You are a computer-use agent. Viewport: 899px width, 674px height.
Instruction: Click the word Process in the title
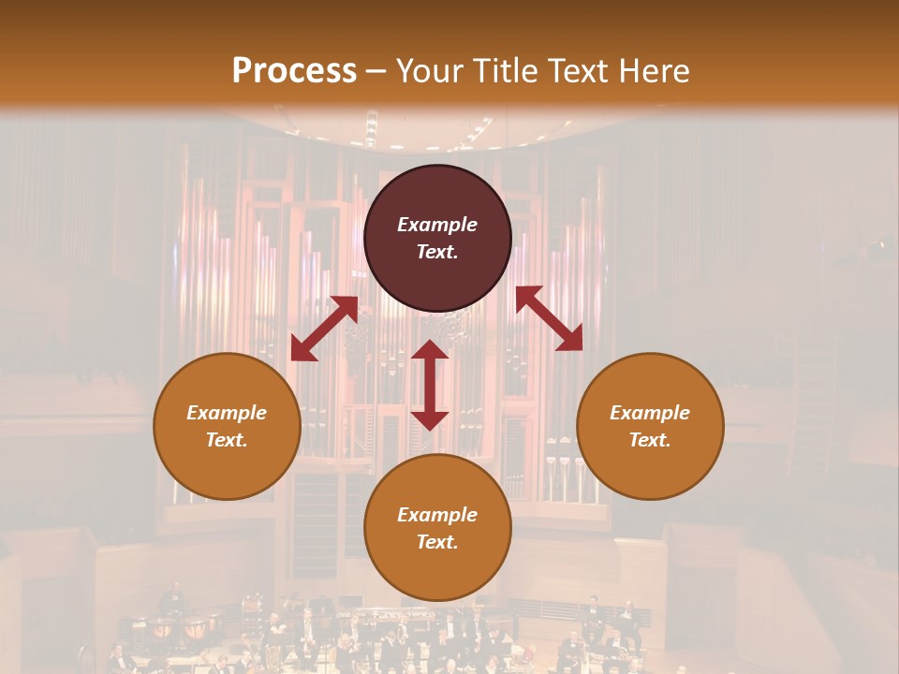[294, 71]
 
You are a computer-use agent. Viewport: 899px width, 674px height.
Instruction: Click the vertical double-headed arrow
[430, 385]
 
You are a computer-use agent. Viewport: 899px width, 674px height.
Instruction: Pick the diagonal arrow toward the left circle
[324, 329]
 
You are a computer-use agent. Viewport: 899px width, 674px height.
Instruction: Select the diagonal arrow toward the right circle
[549, 318]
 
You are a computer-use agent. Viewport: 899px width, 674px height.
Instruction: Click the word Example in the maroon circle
[437, 225]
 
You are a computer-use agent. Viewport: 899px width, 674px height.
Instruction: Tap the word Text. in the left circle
[227, 440]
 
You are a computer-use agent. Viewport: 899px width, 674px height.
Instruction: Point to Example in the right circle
[650, 413]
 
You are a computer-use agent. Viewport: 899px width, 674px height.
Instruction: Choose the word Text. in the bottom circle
[437, 542]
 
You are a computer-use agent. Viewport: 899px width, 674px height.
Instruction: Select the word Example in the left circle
[227, 413]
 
